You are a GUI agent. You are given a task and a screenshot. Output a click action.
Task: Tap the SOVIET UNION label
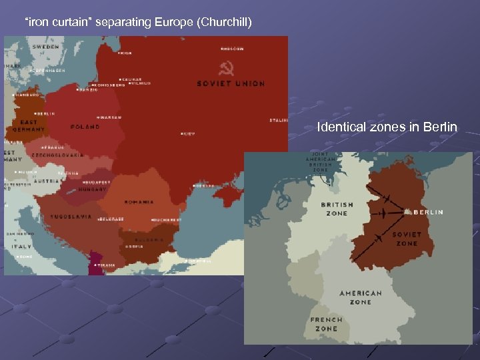(x=231, y=84)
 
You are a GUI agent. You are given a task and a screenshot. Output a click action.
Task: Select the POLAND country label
(x=85, y=127)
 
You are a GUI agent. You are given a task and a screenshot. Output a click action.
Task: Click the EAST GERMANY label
(x=29, y=126)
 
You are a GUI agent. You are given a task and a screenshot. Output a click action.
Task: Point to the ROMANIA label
(x=139, y=201)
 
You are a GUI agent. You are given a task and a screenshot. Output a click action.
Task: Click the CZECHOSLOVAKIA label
(x=63, y=155)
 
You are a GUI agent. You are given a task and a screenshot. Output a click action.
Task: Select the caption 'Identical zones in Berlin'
(x=387, y=127)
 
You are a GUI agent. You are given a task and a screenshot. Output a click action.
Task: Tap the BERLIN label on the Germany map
(x=428, y=212)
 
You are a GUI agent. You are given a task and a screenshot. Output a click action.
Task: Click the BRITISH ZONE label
(x=337, y=209)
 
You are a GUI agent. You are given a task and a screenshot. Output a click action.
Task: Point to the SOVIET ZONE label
(x=406, y=239)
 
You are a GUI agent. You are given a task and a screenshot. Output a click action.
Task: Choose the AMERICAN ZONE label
(x=361, y=297)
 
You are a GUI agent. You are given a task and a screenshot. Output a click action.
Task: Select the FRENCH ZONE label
(x=326, y=324)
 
